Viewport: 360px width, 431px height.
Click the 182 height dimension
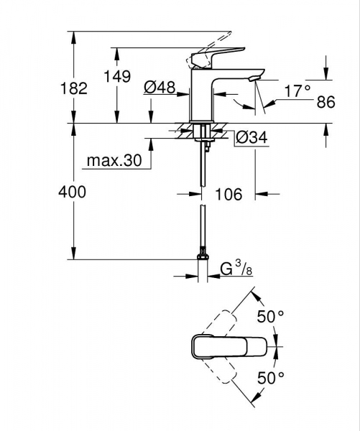(x=73, y=88)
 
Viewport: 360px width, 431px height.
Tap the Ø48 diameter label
(x=160, y=88)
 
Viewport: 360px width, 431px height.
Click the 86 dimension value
(x=326, y=102)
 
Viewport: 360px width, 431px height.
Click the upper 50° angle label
(x=272, y=316)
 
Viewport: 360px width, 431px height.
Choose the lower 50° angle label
(x=272, y=376)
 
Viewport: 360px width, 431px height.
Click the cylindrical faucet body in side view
(x=204, y=97)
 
